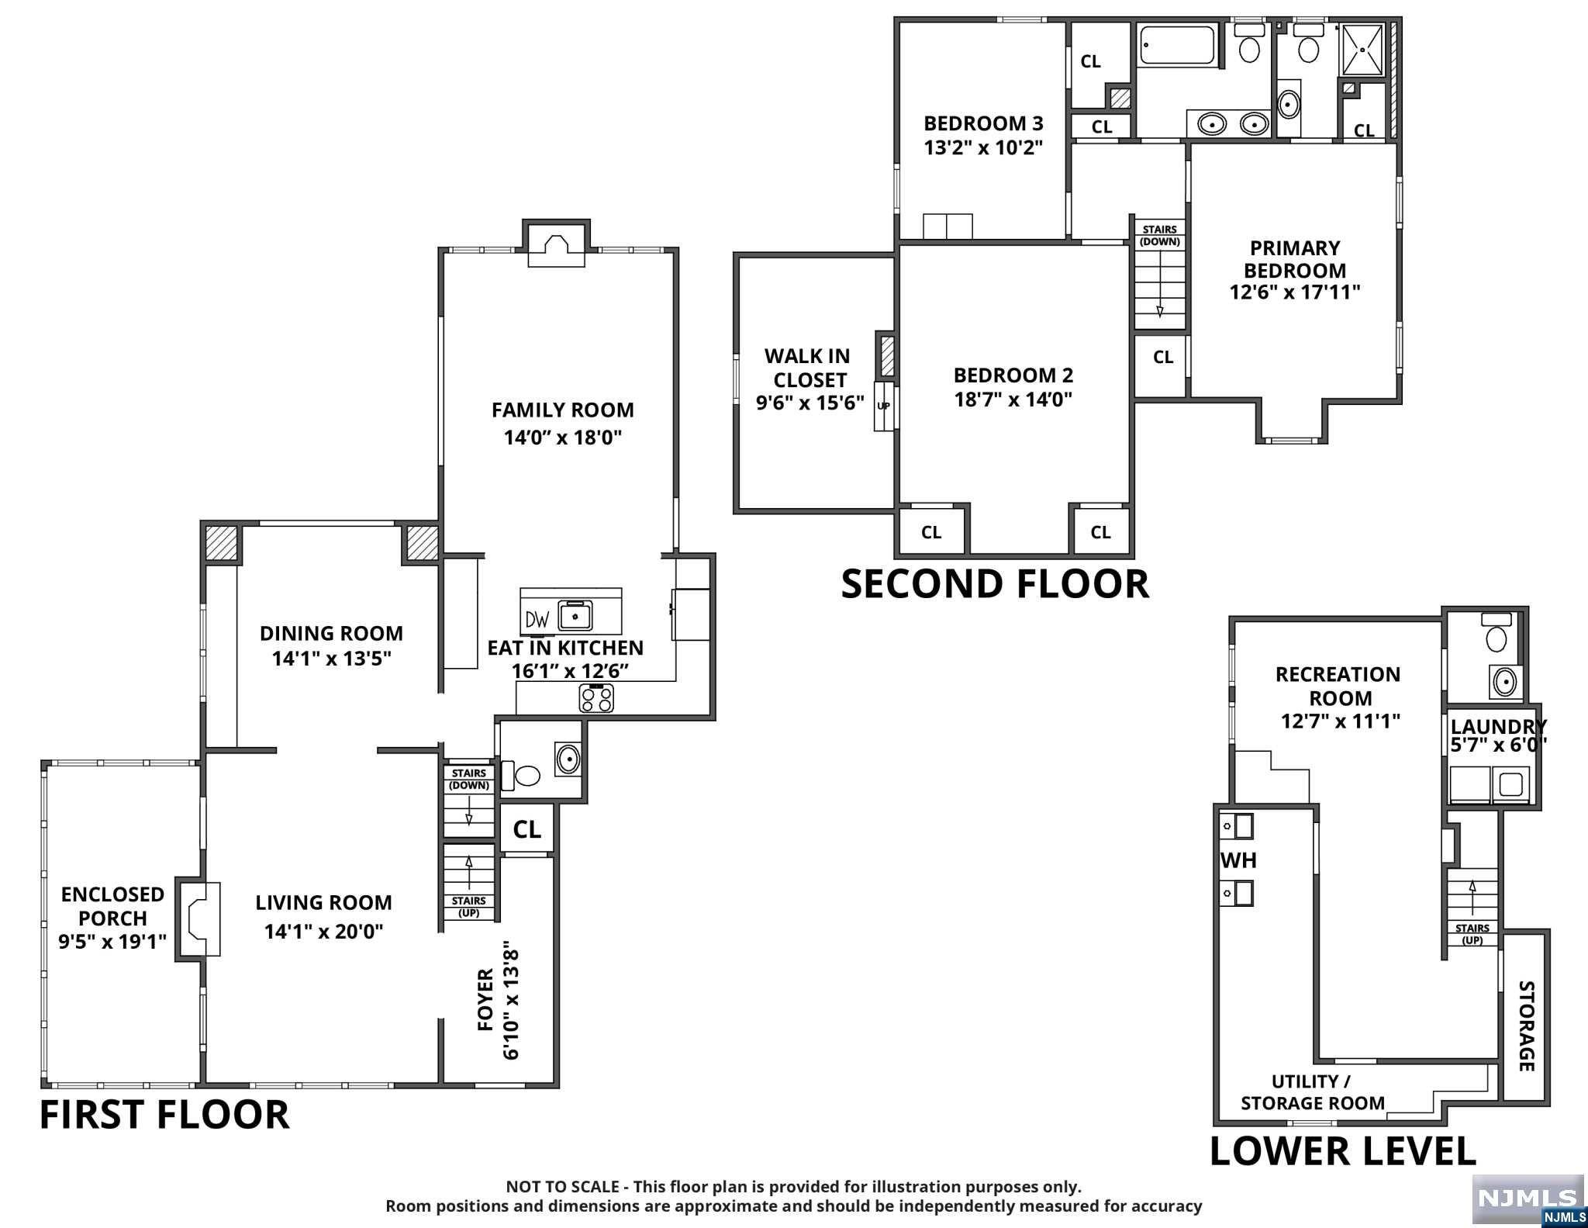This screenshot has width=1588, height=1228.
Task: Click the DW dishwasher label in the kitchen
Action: (x=537, y=619)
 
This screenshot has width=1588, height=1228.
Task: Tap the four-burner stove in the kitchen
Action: (x=596, y=697)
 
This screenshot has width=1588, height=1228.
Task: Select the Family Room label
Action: (x=562, y=410)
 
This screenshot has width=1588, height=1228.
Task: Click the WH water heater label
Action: (x=1238, y=860)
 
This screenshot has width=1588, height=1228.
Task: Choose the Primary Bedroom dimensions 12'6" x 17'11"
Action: (x=1295, y=292)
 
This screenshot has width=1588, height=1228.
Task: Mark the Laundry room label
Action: (x=1498, y=727)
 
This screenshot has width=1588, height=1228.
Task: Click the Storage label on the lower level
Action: (x=1526, y=1026)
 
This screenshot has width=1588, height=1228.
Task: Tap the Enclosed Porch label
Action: (x=112, y=906)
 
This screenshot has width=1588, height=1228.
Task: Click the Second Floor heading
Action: (x=995, y=584)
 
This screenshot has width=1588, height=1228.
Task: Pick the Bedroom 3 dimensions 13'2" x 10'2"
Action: (x=983, y=147)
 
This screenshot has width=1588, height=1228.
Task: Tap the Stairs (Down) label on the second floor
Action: (x=1160, y=235)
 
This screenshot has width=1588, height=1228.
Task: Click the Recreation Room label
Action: (x=1338, y=686)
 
